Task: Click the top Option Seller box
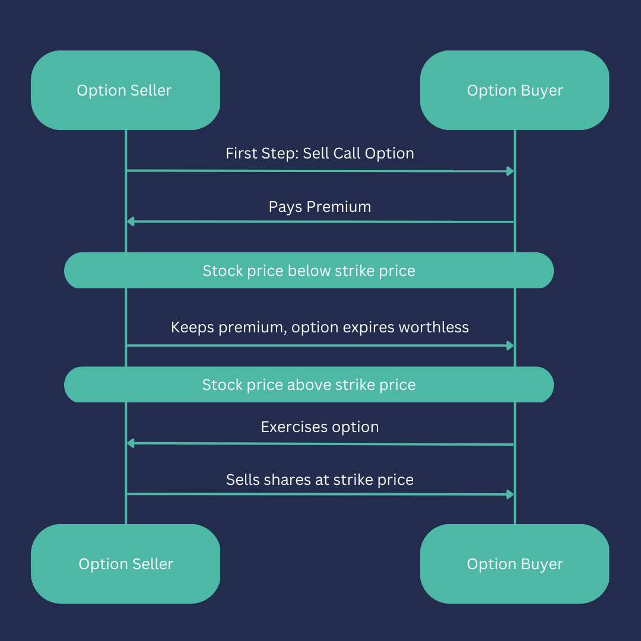(125, 90)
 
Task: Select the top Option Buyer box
(515, 90)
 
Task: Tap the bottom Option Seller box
(125, 564)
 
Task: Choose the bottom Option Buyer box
(515, 564)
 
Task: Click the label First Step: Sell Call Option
(320, 153)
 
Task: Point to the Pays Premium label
(320, 207)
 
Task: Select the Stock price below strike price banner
(309, 271)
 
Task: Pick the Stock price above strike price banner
(309, 385)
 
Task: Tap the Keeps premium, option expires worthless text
(320, 327)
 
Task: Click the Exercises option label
(320, 427)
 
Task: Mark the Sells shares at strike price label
(320, 480)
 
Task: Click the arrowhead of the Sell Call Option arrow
(510, 172)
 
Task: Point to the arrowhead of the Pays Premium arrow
(131, 221)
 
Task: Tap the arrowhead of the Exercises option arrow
(131, 443)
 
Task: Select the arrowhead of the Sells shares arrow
(510, 494)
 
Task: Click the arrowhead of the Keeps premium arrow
(510, 345)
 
